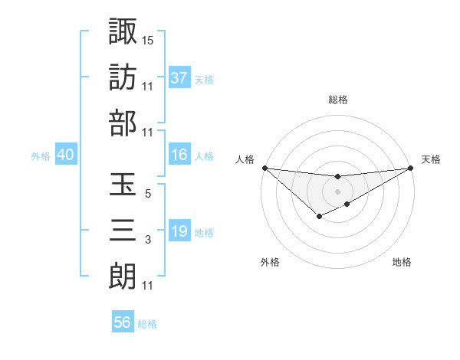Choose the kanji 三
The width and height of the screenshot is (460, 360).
point(123,230)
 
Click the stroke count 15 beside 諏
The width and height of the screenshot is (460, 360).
point(148,39)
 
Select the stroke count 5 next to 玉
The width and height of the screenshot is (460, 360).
point(148,194)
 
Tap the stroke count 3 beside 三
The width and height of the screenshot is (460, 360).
point(148,240)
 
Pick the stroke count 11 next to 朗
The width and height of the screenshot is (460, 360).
point(148,286)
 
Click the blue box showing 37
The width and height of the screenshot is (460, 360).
point(179,77)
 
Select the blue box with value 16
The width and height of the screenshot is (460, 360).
point(179,155)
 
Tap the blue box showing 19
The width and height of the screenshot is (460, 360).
point(179,231)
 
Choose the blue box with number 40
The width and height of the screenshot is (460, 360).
point(65,155)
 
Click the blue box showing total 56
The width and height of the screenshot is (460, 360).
point(123,322)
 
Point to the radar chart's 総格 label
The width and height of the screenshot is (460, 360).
point(338,100)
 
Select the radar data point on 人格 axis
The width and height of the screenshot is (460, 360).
point(264,168)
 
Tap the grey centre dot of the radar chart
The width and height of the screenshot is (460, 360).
point(338,191)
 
